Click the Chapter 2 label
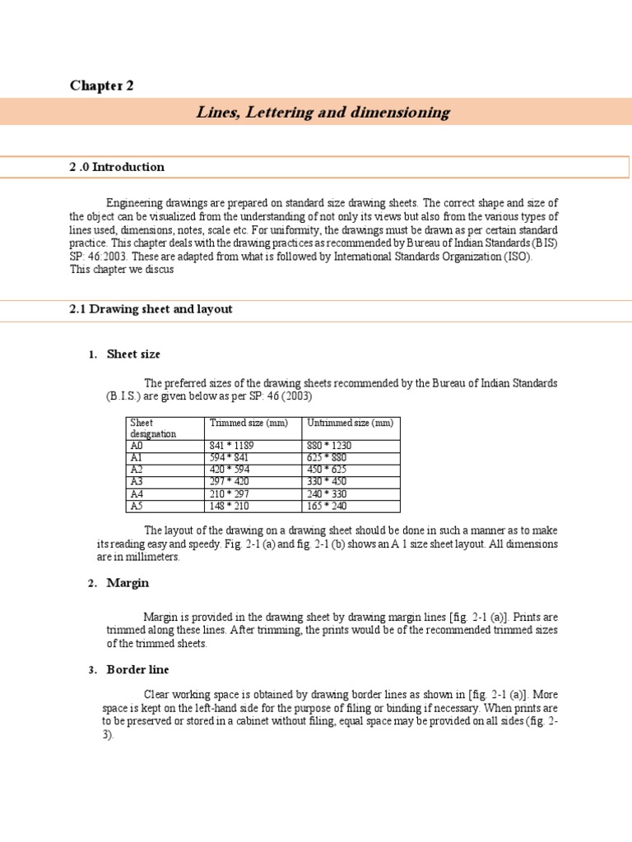(101, 86)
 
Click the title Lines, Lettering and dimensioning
(323, 112)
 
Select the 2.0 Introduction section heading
(117, 167)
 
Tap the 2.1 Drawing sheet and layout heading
(151, 309)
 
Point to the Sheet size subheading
(133, 354)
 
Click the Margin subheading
(128, 583)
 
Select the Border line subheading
(137, 670)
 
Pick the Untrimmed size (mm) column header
(349, 423)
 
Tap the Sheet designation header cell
(153, 428)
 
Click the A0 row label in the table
(137, 446)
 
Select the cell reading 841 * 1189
(232, 446)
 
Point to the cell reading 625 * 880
(327, 457)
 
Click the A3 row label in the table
(137, 481)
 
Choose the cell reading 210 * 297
(230, 493)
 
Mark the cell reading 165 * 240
(327, 506)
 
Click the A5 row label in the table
(137, 506)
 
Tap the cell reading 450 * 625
(327, 470)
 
